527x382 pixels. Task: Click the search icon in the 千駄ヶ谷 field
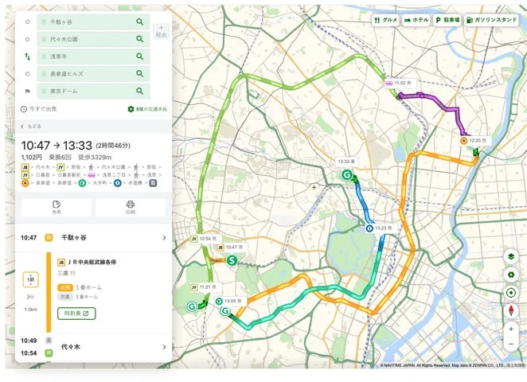[140, 22]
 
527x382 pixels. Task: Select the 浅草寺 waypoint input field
[88, 57]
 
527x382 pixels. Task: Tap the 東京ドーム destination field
[88, 92]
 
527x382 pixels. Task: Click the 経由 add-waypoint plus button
[161, 31]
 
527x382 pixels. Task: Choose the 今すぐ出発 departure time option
[40, 109]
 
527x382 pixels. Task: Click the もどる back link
[32, 126]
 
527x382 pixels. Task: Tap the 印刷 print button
[131, 208]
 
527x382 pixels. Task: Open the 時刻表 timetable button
[76, 314]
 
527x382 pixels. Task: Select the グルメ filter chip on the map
[386, 19]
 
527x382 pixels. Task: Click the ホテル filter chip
[416, 19]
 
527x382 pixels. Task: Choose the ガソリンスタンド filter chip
[494, 19]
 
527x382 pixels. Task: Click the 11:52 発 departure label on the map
[401, 82]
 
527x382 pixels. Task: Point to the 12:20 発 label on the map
[478, 140]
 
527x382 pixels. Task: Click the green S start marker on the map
[232, 259]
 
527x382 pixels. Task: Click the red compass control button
[511, 310]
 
